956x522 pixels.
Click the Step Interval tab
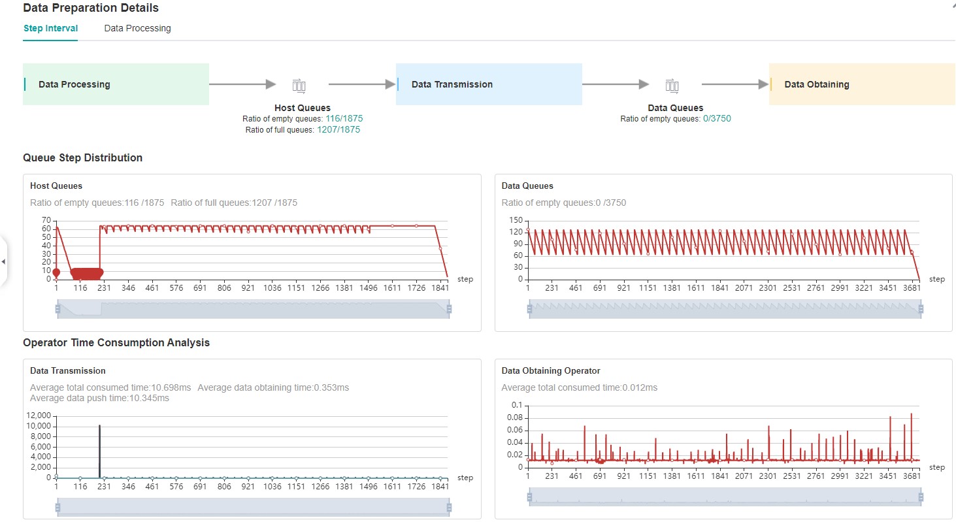pos(50,28)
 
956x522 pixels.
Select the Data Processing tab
pos(137,28)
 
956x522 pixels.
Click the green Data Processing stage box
pos(116,84)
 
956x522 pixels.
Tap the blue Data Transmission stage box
pos(489,84)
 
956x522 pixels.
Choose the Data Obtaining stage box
pos(862,84)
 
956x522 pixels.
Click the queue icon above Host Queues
pos(299,85)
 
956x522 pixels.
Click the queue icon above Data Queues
pos(672,85)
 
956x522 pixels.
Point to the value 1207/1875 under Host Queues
pos(338,129)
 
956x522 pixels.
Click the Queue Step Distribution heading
pos(82,157)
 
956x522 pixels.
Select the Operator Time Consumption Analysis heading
pos(116,342)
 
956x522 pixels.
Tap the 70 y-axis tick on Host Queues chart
pos(46,220)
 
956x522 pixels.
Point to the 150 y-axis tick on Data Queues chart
pos(516,220)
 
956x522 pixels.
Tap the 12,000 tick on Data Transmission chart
pos(39,416)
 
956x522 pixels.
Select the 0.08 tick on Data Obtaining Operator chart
pos(515,417)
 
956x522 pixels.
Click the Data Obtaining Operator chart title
pos(550,370)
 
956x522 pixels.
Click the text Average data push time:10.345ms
pos(99,398)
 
